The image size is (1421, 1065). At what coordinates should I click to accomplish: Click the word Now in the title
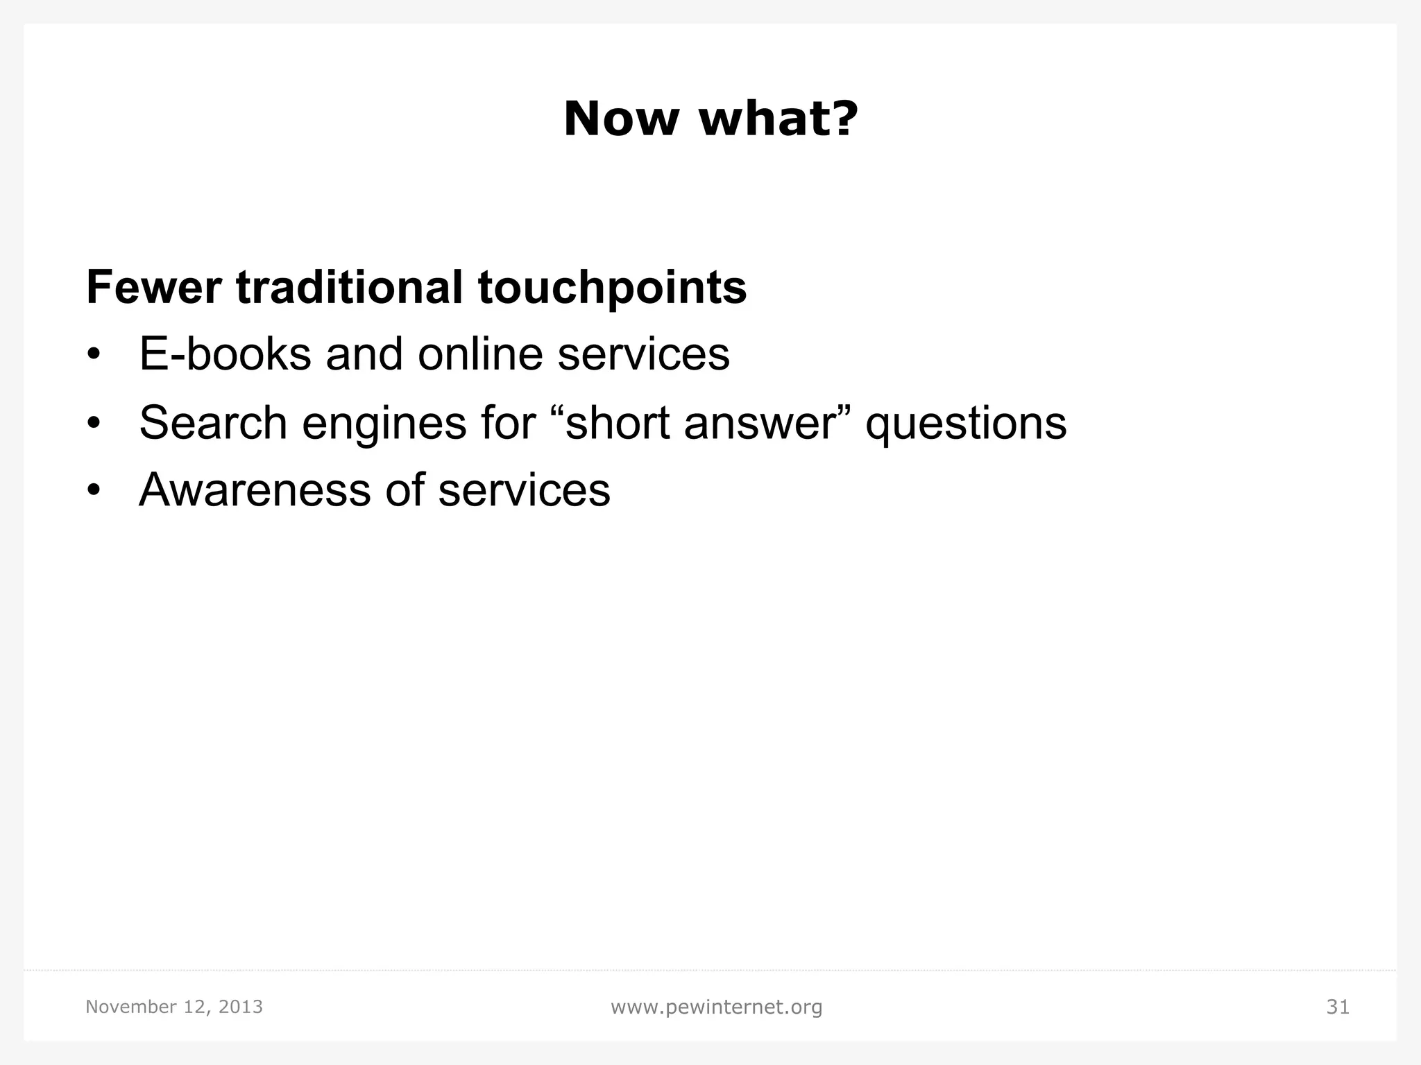tap(621, 119)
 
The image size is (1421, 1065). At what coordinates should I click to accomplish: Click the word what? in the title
tap(778, 119)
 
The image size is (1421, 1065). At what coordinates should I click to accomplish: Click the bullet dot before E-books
tap(94, 355)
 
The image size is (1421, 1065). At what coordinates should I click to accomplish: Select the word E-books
tap(225, 354)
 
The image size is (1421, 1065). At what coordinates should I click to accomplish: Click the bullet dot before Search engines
tap(94, 423)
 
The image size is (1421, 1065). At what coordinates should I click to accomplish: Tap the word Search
tap(213, 422)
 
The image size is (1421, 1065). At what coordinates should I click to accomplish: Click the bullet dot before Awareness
tap(94, 491)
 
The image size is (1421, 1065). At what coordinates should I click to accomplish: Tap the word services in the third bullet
tap(524, 490)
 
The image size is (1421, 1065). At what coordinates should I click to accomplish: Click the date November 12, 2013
tap(174, 1007)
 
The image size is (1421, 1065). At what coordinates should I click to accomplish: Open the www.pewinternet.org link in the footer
tap(716, 1007)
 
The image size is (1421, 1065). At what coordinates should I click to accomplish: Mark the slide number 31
tap(1338, 1007)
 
